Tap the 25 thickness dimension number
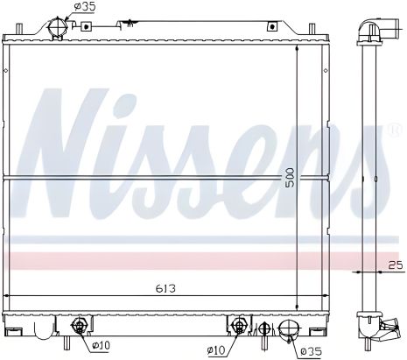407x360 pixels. point(394,264)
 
